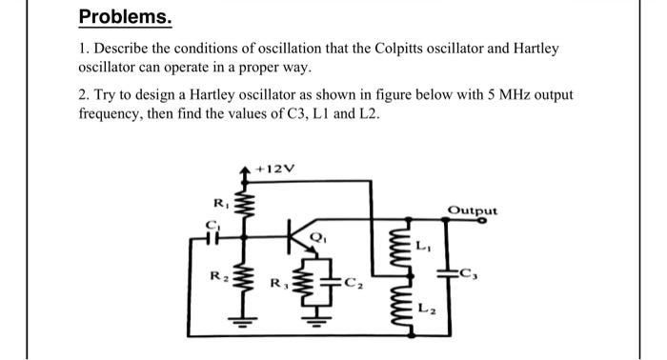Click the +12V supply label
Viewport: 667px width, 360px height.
[x=277, y=169]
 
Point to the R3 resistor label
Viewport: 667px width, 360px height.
[x=277, y=282]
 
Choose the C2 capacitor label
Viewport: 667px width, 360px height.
[x=353, y=282]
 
